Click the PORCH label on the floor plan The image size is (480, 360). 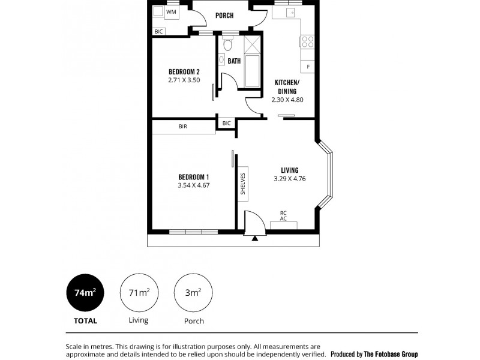click(x=224, y=16)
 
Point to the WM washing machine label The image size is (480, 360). click(x=171, y=11)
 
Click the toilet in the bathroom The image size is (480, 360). click(x=227, y=44)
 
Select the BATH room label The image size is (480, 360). click(x=234, y=61)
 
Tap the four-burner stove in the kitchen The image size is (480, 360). click(x=307, y=41)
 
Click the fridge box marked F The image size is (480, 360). click(x=308, y=66)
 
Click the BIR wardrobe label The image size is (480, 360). click(x=182, y=127)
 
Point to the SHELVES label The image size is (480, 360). click(x=243, y=184)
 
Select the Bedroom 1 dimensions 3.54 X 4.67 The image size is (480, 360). click(x=193, y=185)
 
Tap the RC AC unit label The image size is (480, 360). click(x=283, y=216)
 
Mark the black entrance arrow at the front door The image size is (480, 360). click(x=255, y=238)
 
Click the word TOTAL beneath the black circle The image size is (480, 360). click(x=85, y=321)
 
